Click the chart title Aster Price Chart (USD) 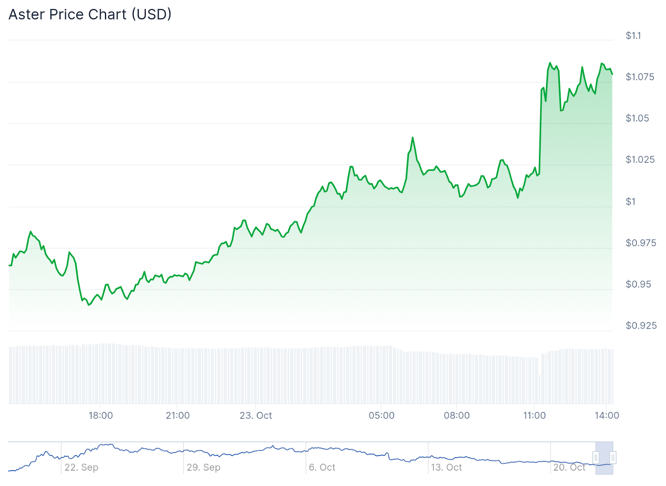90,15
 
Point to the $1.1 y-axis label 633,36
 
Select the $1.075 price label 640,77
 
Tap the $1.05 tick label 637,118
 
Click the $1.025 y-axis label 640,160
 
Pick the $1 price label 631,202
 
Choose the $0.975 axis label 641,243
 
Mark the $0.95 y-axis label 638,284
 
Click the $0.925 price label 641,325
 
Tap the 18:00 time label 101,415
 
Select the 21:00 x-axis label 178,415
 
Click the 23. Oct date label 256,415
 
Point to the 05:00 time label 381,415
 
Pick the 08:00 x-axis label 457,415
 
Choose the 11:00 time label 534,415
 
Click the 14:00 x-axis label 606,415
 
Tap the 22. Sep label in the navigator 81,467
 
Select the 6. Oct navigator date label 322,467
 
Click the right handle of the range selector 613,458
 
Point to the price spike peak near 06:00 413,137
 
